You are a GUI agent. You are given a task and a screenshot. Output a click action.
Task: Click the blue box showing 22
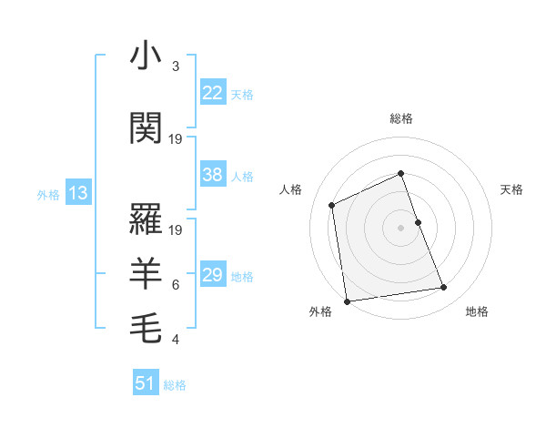(212, 93)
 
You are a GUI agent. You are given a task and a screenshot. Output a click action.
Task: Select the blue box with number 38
(212, 176)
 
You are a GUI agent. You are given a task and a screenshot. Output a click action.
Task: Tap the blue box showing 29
(212, 275)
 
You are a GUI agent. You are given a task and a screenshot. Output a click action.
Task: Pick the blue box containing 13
(77, 193)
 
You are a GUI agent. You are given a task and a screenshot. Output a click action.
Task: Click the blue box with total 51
(146, 383)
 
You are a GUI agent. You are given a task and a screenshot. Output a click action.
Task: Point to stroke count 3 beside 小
(175, 66)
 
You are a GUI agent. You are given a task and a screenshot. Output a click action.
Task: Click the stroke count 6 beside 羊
(175, 285)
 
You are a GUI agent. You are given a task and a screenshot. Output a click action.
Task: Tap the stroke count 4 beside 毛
(175, 340)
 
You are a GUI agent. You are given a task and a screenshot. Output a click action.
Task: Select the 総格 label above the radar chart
(400, 118)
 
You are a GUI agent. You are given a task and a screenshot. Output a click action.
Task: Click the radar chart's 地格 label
(477, 311)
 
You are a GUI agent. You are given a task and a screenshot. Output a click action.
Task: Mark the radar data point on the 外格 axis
(347, 301)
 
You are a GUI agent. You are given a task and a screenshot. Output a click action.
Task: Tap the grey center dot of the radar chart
(400, 228)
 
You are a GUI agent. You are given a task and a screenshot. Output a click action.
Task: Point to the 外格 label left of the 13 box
(48, 194)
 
